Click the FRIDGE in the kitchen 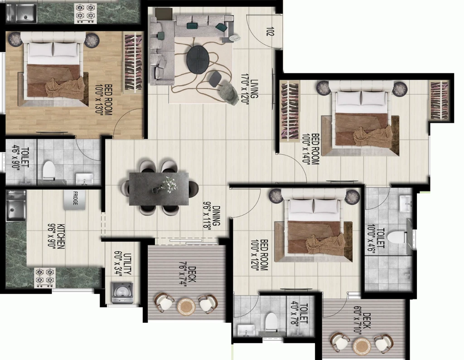coord(74,200)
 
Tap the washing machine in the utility coord(122,293)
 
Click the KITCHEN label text coord(61,236)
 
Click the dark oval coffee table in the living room coord(198,59)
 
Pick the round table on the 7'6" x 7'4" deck coord(186,306)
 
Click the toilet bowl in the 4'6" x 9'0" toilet coord(49,170)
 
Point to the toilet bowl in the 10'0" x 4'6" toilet coord(397,237)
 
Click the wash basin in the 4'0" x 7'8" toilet coord(246,331)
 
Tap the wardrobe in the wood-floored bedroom coord(133,63)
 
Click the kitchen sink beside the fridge coord(16,205)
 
